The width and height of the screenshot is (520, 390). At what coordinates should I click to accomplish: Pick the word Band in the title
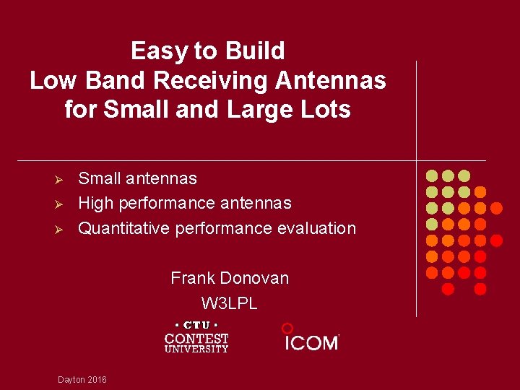click(126, 80)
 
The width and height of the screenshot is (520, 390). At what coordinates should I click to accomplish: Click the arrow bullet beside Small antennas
click(61, 178)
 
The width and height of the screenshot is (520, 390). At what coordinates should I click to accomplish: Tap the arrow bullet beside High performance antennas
click(61, 204)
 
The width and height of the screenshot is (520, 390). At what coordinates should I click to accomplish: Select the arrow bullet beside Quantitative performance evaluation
click(61, 229)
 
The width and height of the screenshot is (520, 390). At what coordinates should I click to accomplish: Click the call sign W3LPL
click(229, 303)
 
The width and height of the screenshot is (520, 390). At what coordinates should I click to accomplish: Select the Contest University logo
click(196, 337)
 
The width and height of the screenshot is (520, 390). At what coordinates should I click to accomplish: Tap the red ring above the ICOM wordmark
click(287, 328)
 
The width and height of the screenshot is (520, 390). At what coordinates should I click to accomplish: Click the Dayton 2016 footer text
click(82, 379)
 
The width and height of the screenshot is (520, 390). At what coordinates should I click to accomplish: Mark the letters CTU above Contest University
click(196, 325)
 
